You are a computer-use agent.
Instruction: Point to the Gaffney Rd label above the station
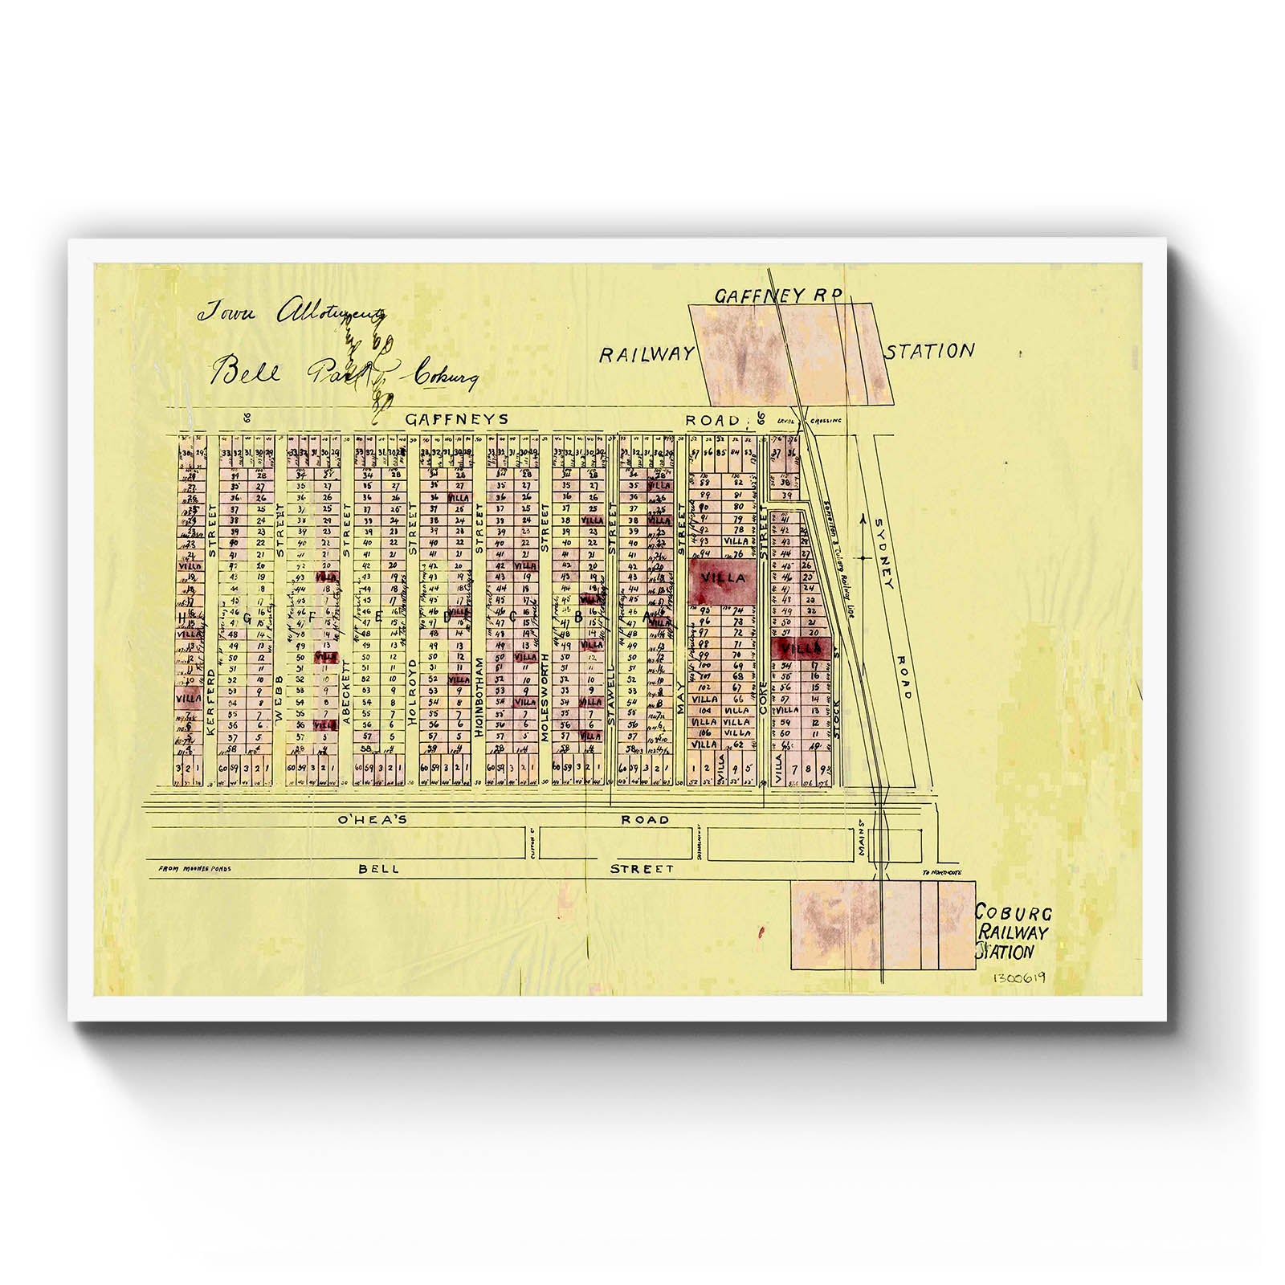coord(777,296)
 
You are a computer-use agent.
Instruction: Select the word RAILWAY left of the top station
coord(646,355)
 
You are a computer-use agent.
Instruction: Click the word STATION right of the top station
coord(930,351)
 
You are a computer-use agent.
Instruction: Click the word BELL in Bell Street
coord(378,869)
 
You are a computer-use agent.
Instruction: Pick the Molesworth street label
coord(545,696)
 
